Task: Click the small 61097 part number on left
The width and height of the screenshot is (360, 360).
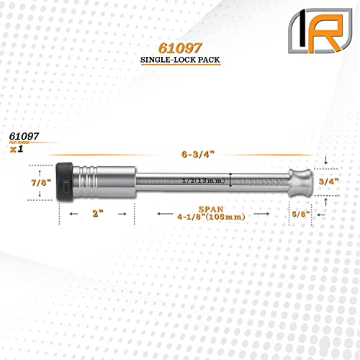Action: (24, 135)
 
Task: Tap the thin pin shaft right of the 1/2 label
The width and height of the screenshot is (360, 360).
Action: (259, 183)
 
